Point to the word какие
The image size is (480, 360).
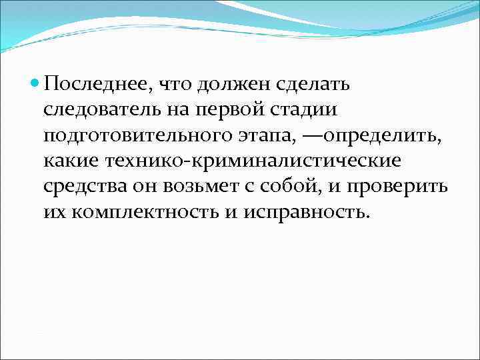(70, 162)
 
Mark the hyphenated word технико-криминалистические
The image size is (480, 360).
(253, 162)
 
